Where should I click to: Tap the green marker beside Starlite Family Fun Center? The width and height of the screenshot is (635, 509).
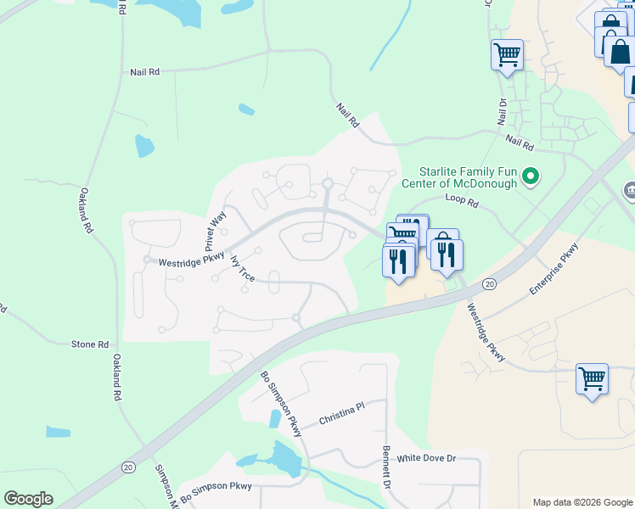pos(531,177)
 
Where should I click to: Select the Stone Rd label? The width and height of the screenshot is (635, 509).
pos(90,344)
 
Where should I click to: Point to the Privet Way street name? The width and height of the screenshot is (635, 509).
pos(218,228)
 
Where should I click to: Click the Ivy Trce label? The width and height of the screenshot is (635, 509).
pos(242,267)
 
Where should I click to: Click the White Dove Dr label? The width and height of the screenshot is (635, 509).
pos(427,458)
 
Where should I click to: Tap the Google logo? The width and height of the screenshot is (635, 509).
pos(28,499)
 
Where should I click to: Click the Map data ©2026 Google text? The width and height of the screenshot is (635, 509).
pos(582,502)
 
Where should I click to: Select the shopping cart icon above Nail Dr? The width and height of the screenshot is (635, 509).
pos(507,55)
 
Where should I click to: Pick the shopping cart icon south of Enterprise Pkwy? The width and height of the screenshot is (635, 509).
pos(592,378)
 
